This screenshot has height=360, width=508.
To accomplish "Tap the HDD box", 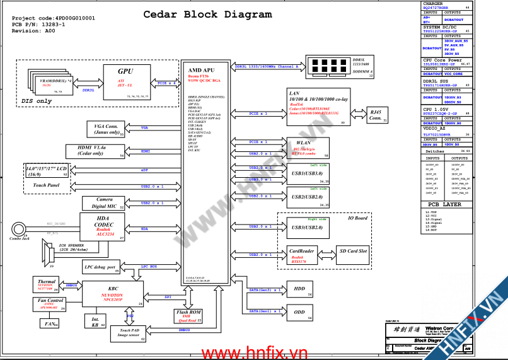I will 299,289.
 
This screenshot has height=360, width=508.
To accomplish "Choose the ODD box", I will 299,312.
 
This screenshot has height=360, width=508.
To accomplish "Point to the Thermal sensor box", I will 47,285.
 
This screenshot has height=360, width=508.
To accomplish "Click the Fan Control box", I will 48,303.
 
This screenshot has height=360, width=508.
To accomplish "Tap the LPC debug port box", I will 101,267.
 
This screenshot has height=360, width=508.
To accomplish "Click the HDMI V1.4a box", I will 95,151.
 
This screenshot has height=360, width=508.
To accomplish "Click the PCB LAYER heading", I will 444,204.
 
